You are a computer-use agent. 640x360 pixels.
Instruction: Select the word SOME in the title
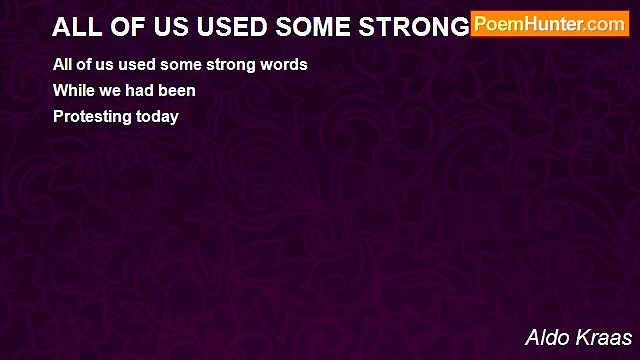click(x=309, y=26)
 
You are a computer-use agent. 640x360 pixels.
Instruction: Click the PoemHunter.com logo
click(x=550, y=24)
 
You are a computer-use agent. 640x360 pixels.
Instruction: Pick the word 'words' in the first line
click(x=285, y=65)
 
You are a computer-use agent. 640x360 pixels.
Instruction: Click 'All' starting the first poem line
click(x=64, y=65)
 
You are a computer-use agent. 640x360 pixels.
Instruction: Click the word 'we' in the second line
click(x=111, y=91)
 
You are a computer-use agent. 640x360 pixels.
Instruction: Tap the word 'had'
click(x=142, y=91)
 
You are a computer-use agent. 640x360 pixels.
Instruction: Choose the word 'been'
click(x=178, y=91)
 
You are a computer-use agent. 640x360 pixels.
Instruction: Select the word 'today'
click(x=157, y=117)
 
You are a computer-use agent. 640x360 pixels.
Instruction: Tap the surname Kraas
click(x=606, y=337)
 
